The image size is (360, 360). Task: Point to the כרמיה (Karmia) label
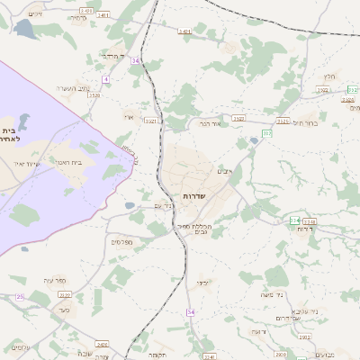pyautogui.click(x=80, y=18)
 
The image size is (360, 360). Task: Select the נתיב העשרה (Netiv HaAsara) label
pyautogui.click(x=73, y=87)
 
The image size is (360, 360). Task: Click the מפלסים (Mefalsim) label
pyautogui.click(x=121, y=241)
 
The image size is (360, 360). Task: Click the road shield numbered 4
pyautogui.click(x=105, y=79)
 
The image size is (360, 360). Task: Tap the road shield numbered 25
pyautogui.click(x=20, y=295)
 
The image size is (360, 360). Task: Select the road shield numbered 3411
pyautogui.click(x=103, y=15)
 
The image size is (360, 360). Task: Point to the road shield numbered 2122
pyautogui.click(x=64, y=319)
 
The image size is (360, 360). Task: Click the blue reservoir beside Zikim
pyautogui.click(x=23, y=31)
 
